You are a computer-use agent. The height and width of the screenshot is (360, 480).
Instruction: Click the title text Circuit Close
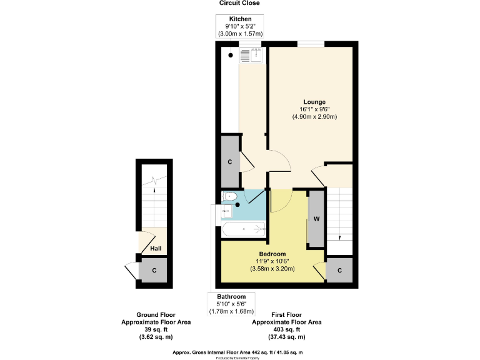point(239,4)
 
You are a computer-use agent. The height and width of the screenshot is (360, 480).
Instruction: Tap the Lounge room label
point(314,101)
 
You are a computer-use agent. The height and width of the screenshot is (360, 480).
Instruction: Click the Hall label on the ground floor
point(156,249)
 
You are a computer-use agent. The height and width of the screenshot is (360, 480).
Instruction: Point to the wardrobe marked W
point(317,219)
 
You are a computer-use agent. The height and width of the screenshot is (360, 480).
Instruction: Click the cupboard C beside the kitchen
point(230,162)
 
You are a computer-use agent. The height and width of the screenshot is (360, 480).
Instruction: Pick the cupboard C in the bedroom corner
point(339,270)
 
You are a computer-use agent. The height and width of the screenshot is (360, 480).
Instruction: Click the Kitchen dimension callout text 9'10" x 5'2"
point(240,26)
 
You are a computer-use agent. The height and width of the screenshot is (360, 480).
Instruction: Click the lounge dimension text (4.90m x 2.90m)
point(314,116)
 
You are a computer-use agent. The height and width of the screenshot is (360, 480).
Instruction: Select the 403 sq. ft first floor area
point(286,329)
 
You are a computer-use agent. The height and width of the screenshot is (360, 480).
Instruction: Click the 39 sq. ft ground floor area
point(156,329)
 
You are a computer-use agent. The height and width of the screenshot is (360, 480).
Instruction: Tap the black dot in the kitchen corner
point(231,55)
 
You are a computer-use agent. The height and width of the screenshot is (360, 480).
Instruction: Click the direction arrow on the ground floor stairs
point(155,182)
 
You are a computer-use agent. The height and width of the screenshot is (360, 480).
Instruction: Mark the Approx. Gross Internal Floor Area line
point(239,352)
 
